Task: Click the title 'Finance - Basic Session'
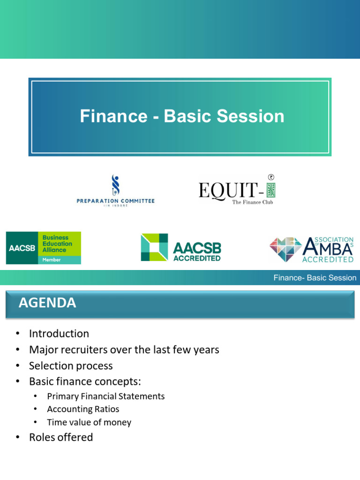[182, 116]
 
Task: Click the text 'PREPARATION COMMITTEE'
[115, 201]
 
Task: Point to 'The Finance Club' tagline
[252, 202]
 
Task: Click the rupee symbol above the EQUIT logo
[270, 177]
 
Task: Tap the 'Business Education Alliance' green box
[61, 244]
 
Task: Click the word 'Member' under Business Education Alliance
[52, 260]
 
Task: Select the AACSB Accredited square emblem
[154, 247]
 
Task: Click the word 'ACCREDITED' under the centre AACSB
[197, 258]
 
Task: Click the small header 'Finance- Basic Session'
[315, 278]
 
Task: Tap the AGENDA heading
[47, 303]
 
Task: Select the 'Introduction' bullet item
[59, 334]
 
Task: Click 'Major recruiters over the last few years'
[124, 350]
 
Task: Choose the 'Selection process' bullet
[71, 366]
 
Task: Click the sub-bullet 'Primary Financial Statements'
[105, 396]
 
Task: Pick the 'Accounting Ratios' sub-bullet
[83, 409]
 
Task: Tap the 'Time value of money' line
[89, 422]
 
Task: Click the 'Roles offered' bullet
[61, 437]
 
